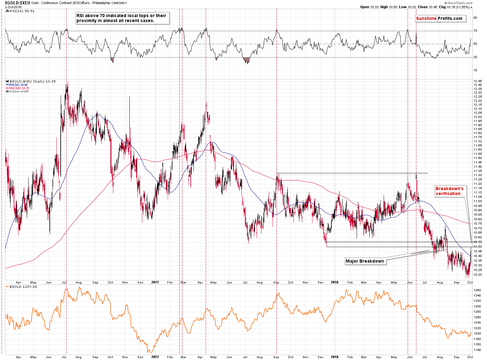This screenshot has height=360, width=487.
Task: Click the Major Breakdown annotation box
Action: tap(365, 261)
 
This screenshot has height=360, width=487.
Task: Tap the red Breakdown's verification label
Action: tap(449, 191)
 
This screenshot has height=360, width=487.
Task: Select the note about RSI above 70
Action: tap(121, 18)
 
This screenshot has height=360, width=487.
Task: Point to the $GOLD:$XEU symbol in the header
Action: tap(15, 3)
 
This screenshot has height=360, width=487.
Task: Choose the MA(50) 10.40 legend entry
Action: tap(18, 85)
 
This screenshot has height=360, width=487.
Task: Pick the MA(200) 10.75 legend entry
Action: tap(19, 88)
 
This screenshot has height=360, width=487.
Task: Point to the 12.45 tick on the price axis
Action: tap(477, 81)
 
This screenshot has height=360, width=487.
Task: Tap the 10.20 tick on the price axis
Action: tap(477, 275)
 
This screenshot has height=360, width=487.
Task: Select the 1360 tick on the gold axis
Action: tap(477, 290)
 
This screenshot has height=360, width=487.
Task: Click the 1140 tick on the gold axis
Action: tap(477, 350)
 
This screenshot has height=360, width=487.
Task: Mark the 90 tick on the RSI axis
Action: tap(475, 18)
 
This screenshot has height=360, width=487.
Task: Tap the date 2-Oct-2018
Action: tap(11, 7)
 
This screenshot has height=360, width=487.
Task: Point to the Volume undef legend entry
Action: tap(19, 91)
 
